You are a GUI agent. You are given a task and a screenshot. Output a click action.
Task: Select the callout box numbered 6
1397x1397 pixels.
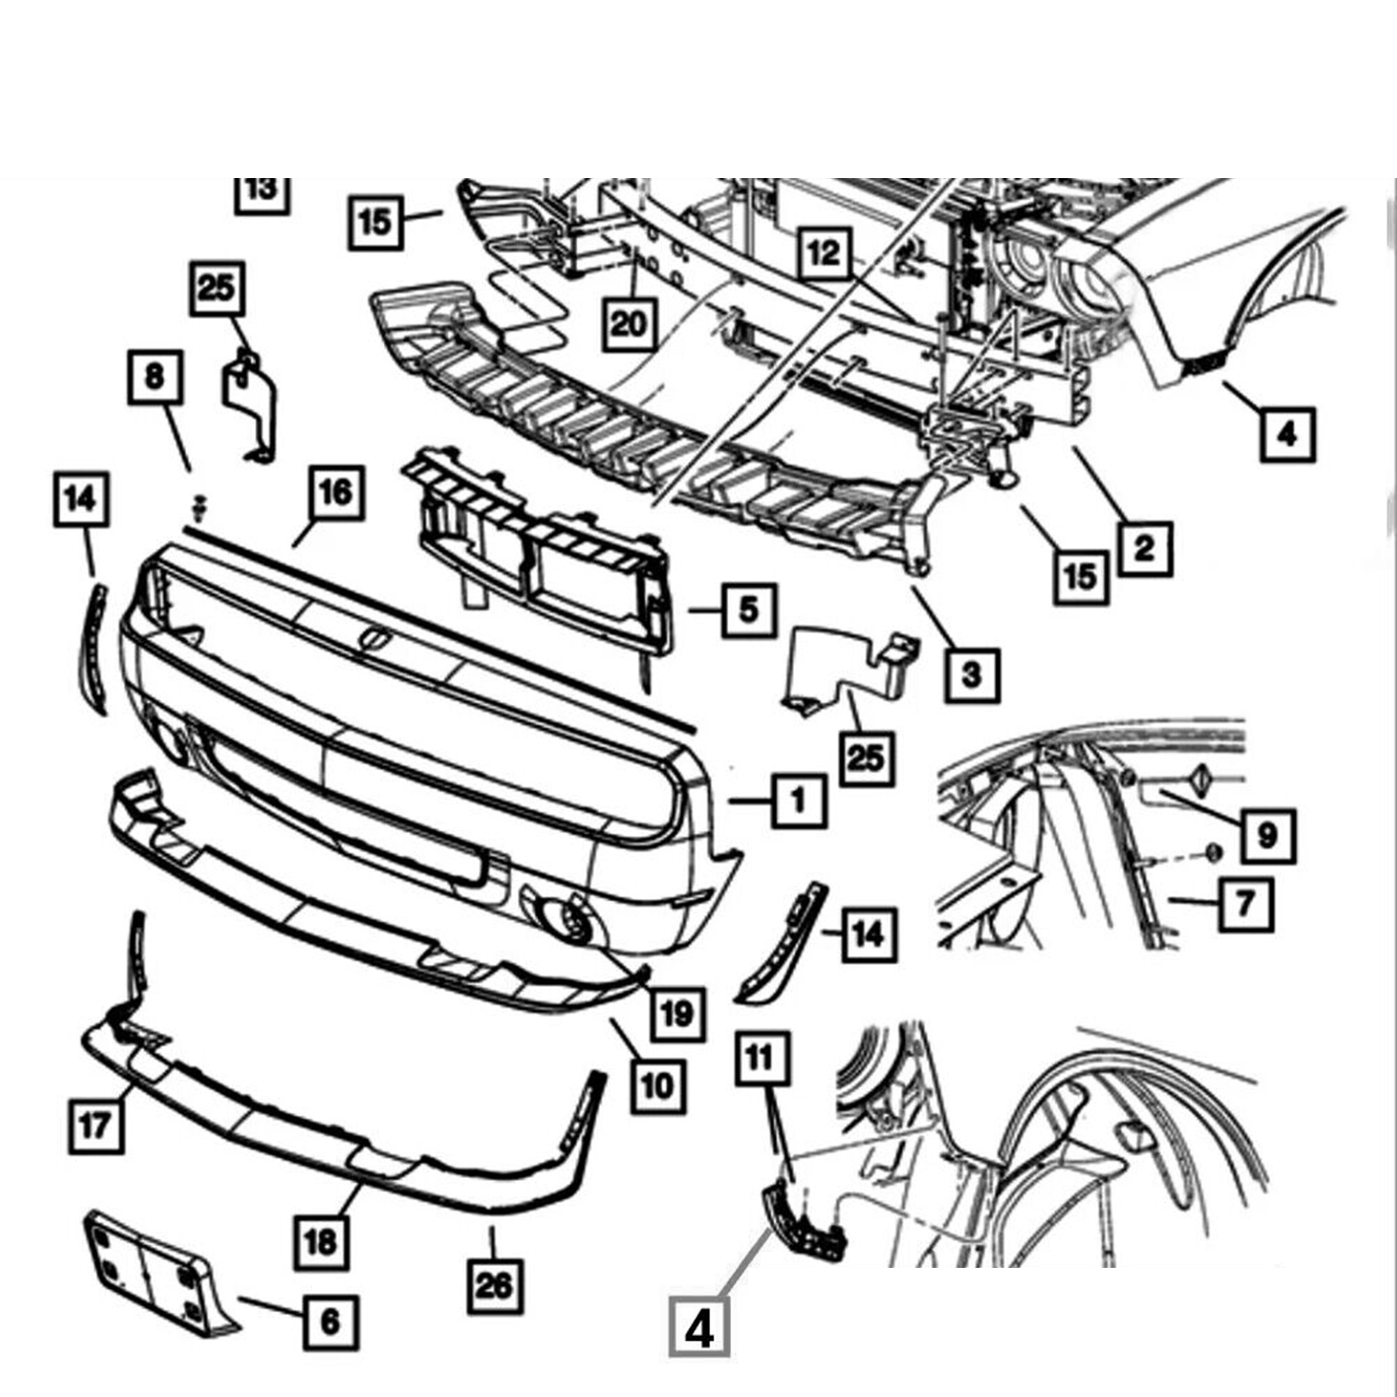pyautogui.click(x=331, y=1320)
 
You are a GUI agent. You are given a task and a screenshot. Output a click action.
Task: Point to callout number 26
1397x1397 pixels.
pyautogui.click(x=495, y=1284)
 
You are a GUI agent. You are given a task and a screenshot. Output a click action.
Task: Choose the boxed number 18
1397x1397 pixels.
pyautogui.click(x=320, y=1241)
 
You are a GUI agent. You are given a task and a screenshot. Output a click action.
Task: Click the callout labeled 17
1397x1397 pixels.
pyautogui.click(x=95, y=1125)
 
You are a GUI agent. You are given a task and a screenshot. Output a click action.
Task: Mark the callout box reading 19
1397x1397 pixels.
pyautogui.click(x=677, y=1014)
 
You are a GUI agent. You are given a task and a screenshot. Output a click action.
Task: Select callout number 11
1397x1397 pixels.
pyautogui.click(x=760, y=1059)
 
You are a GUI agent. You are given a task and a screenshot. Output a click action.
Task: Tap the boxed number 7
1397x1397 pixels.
pyautogui.click(x=1245, y=901)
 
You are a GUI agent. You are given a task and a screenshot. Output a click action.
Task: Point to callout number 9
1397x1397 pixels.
pyautogui.click(x=1267, y=836)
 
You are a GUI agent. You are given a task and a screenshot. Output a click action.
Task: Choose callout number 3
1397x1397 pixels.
pyautogui.click(x=972, y=673)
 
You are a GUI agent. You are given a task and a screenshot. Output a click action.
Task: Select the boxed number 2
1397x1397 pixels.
pyautogui.click(x=1144, y=548)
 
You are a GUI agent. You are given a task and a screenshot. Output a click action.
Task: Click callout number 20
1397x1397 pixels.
pyautogui.click(x=629, y=324)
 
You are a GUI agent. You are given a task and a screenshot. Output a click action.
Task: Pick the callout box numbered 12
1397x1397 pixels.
pyautogui.click(x=824, y=252)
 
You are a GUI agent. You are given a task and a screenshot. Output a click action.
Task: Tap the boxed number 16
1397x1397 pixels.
pyautogui.click(x=336, y=492)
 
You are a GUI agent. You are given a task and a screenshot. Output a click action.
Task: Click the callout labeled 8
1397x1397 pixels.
pyautogui.click(x=155, y=376)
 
